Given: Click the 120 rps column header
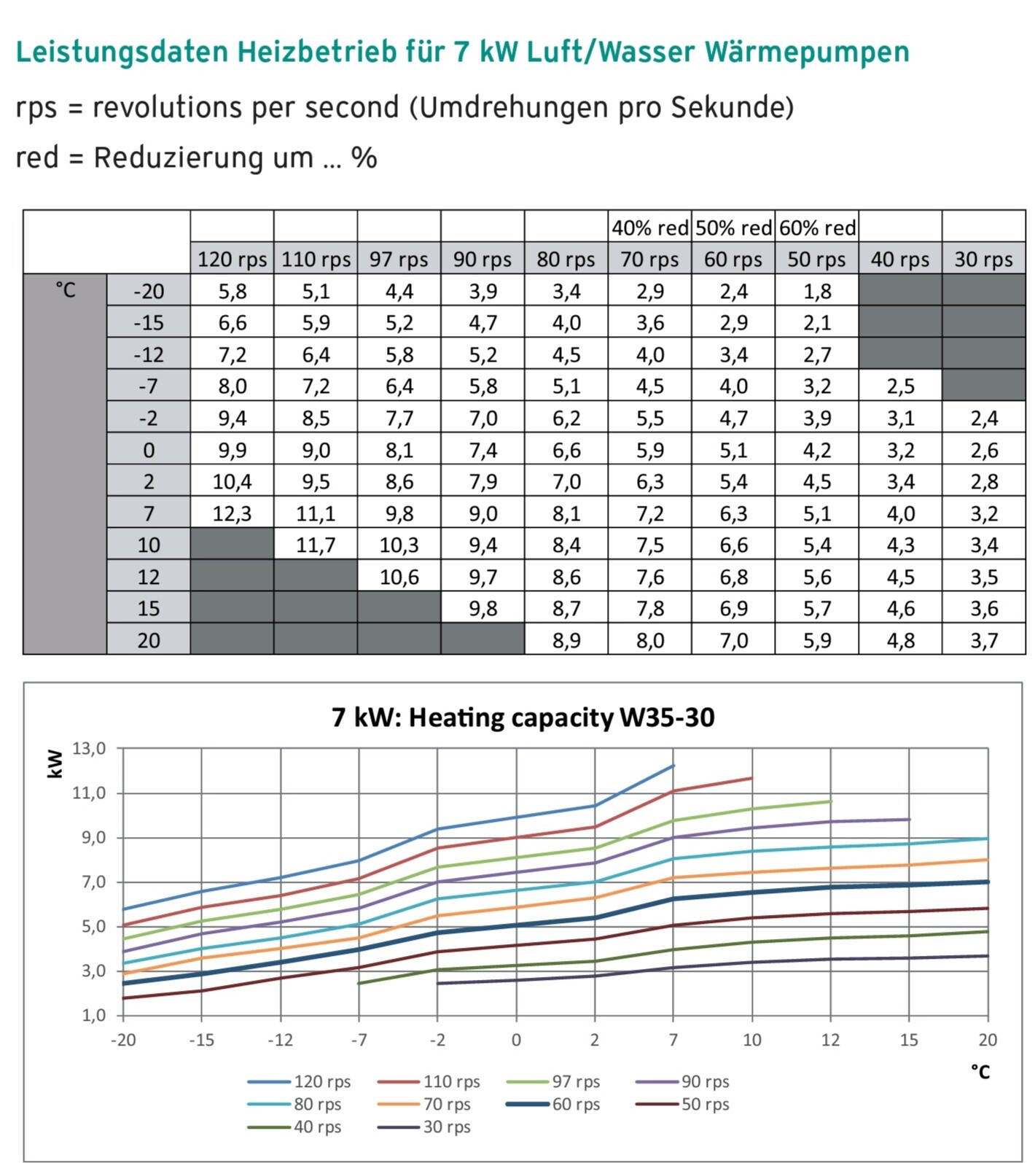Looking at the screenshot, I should (232, 260).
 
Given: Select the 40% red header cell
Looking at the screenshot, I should (649, 228).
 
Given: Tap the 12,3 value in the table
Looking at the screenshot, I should (232, 513).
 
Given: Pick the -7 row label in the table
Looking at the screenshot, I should (148, 386).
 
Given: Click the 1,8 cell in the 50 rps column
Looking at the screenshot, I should (816, 292).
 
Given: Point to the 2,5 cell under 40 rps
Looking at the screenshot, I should (900, 386).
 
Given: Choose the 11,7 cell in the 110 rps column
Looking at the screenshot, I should (316, 545).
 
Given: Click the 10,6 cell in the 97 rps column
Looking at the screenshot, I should (399, 577).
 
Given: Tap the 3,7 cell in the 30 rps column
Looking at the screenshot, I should (983, 640).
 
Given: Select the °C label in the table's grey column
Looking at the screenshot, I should (65, 290).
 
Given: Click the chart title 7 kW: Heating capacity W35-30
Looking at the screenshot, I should (523, 717).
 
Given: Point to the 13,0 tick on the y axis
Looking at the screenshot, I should (89, 748).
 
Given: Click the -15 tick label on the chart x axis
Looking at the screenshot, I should (201, 1040).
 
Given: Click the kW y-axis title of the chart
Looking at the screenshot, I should (55, 764).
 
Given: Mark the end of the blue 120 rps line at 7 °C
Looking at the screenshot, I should (673, 766).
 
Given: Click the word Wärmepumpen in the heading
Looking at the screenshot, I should (807, 52).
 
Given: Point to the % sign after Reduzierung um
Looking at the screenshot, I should (364, 157).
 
